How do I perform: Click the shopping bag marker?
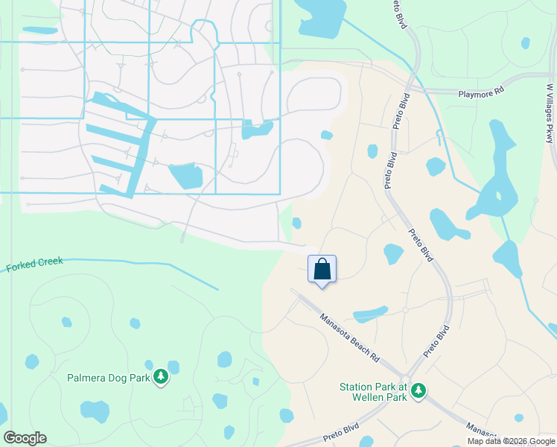322,270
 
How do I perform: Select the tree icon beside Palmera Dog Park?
161,378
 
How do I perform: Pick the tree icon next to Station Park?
418,390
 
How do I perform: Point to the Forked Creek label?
34,264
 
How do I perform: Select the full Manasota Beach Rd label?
349,337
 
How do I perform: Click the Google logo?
25,438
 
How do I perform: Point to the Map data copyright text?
512,441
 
